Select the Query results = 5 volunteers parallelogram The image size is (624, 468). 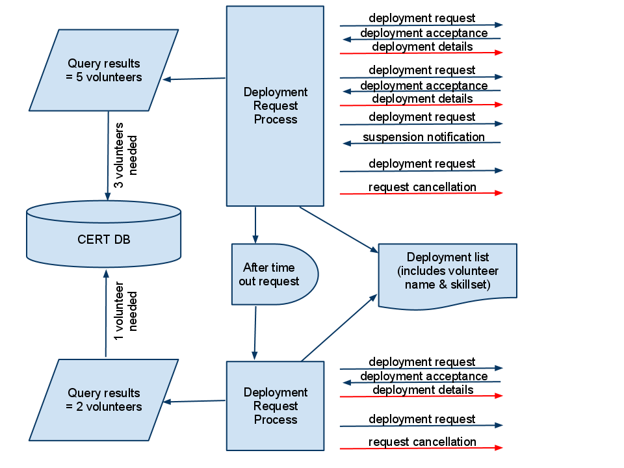104,70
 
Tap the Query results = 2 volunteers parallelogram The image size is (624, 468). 104,400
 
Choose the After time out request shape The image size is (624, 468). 273,274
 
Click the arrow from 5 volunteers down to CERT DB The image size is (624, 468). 108,156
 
